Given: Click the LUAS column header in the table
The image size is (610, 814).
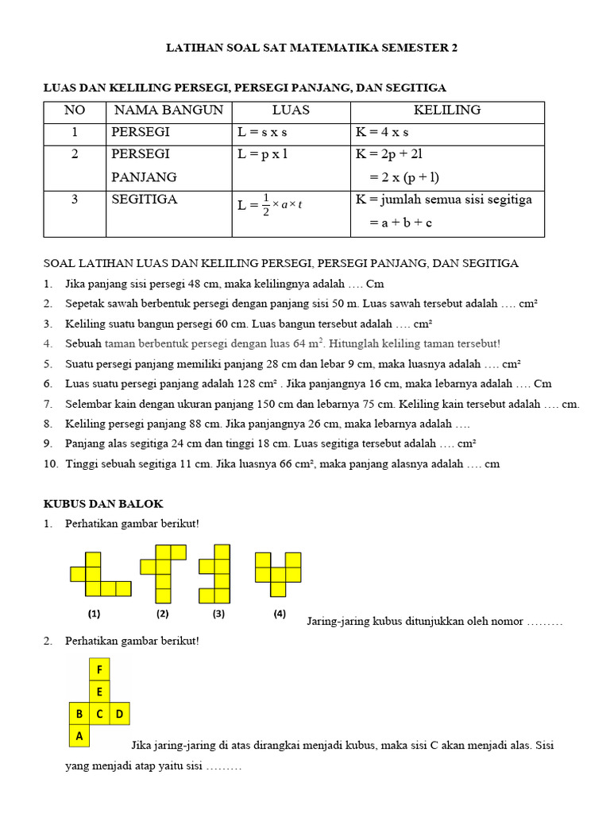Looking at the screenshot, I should coord(291,110).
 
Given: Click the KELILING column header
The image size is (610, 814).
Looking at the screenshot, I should coord(447,110).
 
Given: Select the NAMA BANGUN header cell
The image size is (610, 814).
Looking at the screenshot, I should coord(168,110).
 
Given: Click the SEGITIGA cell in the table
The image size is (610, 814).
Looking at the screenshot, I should coord(145,200).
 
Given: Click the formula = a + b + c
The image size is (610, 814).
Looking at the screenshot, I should coord(400,223).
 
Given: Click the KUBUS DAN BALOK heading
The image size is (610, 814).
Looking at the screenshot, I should coord(102,504).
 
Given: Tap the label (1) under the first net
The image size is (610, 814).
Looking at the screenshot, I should coord(95,614).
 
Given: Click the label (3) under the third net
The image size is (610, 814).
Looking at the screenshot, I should coord(219,614).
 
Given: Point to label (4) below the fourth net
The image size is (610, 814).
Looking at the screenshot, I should coord(280,614).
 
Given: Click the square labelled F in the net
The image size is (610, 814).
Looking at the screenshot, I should coord(100,670).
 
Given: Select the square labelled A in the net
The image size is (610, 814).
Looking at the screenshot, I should coord(79,736).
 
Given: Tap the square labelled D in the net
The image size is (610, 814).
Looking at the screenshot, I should coord(120,714).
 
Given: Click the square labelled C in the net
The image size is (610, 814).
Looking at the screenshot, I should coord(100,714).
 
